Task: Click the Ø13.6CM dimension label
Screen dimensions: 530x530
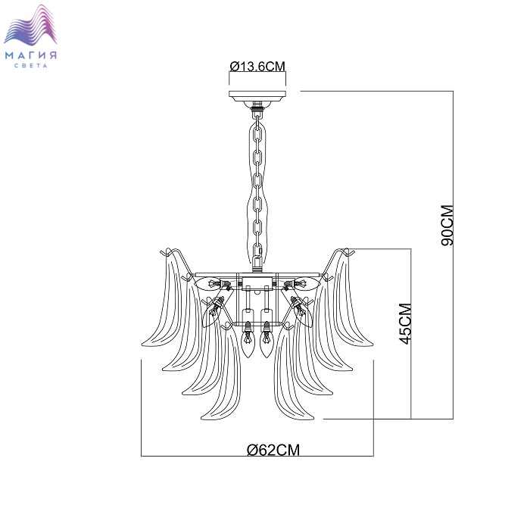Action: (257, 67)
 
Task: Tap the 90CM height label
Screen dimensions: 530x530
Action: (447, 226)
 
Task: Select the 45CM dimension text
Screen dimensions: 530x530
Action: (405, 324)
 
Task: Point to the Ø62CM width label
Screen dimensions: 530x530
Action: (273, 450)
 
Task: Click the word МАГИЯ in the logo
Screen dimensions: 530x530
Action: (31, 55)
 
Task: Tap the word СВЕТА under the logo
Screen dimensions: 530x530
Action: (31, 66)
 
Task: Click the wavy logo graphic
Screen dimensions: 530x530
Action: (30, 25)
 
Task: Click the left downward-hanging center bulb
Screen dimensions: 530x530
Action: (248, 340)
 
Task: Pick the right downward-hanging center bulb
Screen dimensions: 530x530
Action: (267, 340)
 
